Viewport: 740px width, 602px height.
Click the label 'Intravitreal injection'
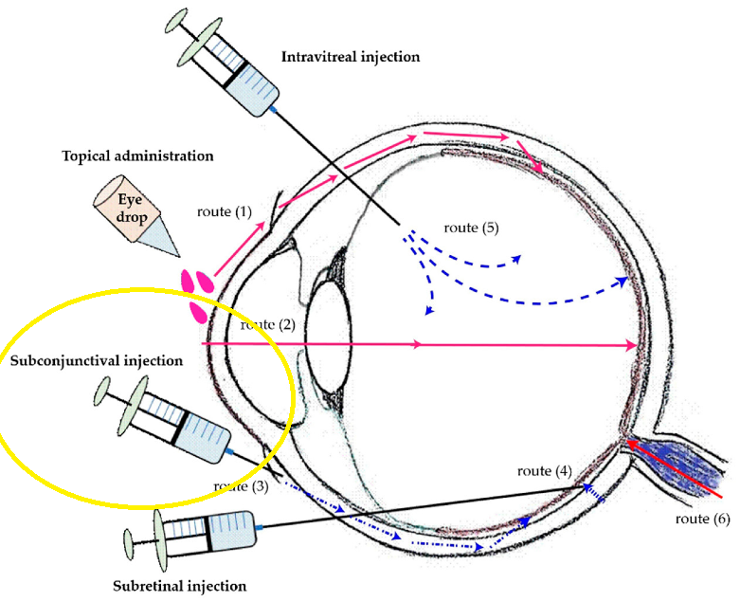tap(351, 57)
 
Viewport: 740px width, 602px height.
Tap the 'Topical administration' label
tap(137, 155)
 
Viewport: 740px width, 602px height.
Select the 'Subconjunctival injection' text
tap(97, 361)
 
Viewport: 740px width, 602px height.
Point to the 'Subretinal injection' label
tap(179, 586)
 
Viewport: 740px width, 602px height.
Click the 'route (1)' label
tap(225, 212)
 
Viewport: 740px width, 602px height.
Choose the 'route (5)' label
tap(471, 228)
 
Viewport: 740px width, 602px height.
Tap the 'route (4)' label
tap(545, 471)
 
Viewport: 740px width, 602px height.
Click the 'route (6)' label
tap(703, 519)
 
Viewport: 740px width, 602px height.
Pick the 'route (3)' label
tap(241, 486)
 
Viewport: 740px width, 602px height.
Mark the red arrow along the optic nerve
tap(674, 468)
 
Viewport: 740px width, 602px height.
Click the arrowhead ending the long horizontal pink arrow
tap(631, 345)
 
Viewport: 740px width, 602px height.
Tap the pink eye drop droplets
tap(198, 295)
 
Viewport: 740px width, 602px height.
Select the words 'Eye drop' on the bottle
tap(131, 209)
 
